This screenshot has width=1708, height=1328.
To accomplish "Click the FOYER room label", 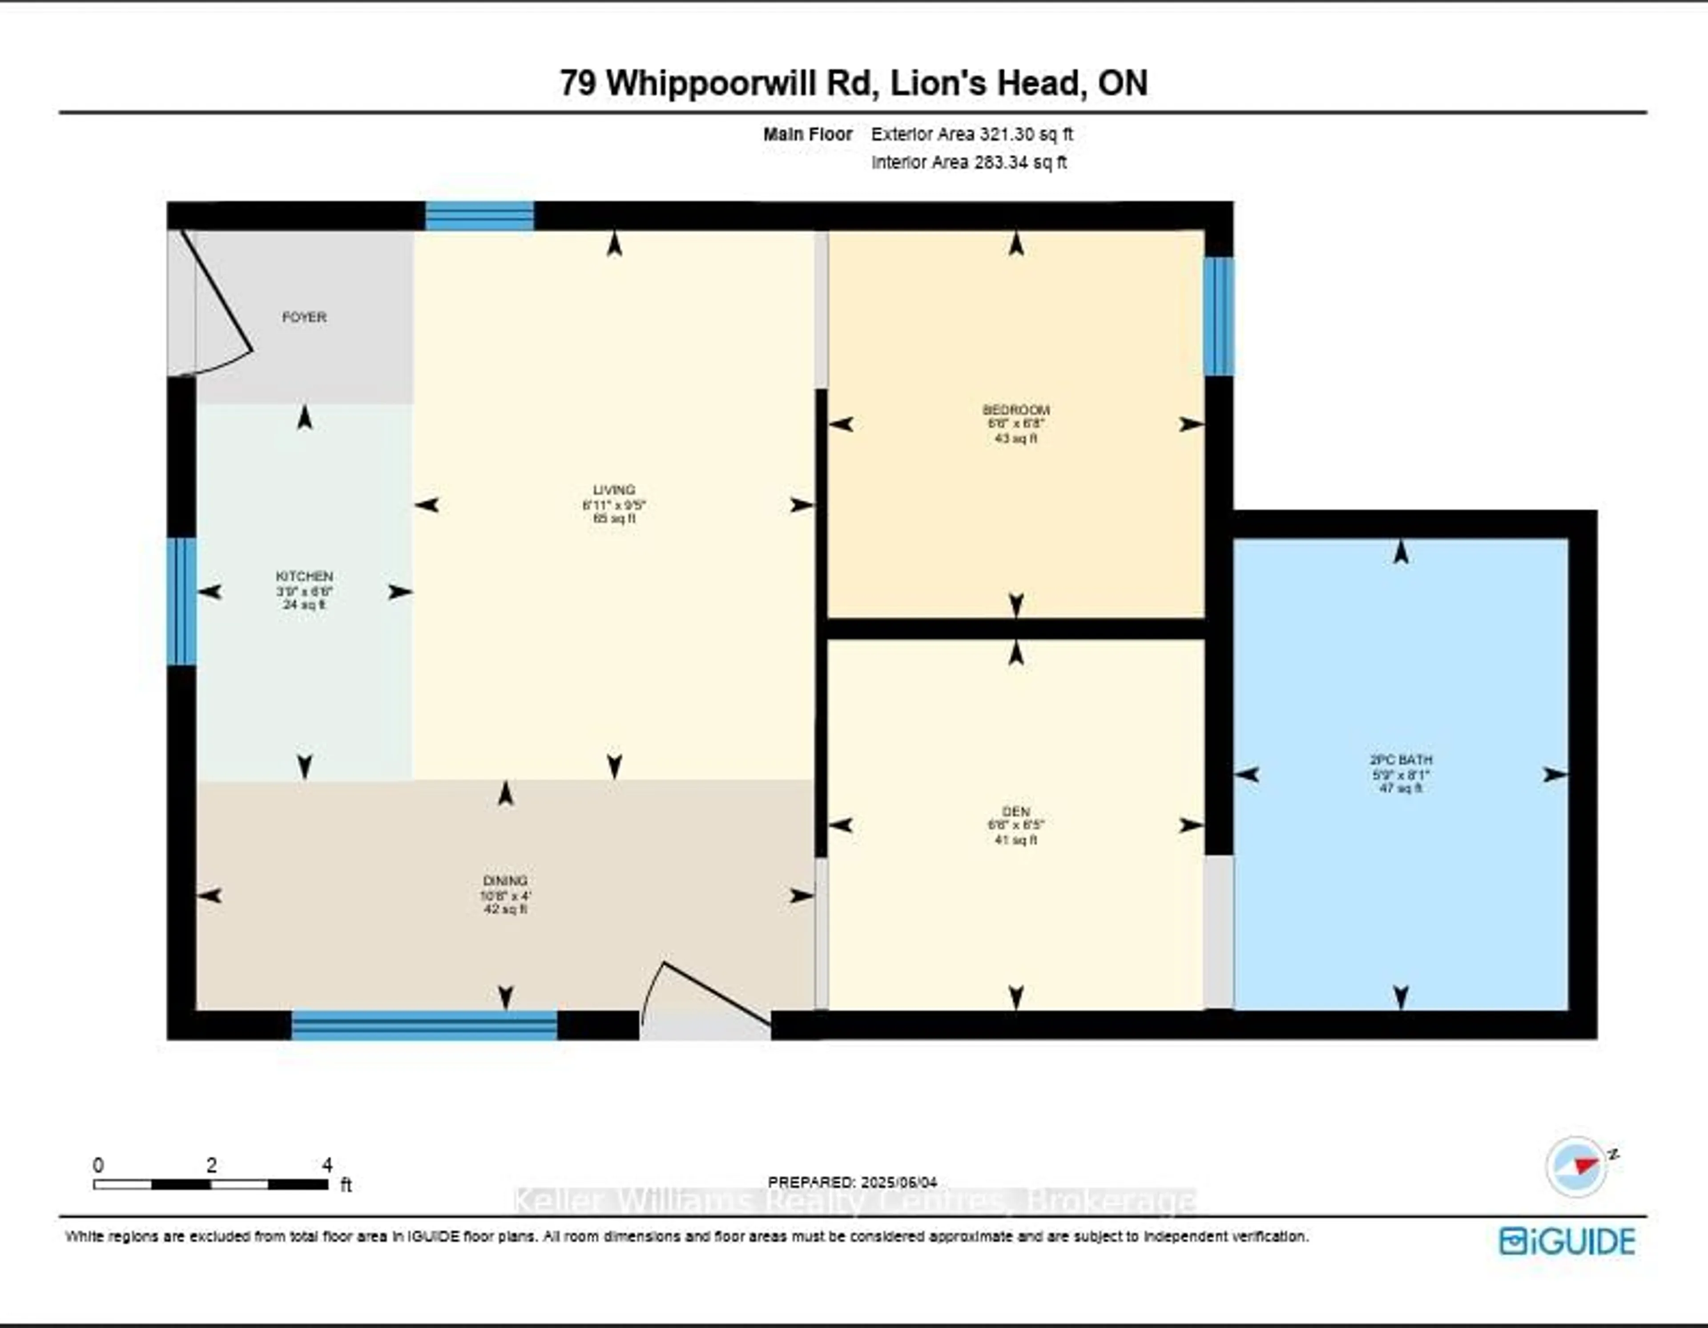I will [x=304, y=317].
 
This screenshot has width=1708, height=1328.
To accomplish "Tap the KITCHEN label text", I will [x=304, y=575].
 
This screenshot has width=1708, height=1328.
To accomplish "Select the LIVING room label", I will [x=614, y=491].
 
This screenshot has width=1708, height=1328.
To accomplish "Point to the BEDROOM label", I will [x=1016, y=410].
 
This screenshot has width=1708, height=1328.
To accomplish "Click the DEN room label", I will [x=1016, y=811].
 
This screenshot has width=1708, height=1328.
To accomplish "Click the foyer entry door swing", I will [x=219, y=305].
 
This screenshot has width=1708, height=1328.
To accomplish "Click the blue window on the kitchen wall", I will [x=181, y=601].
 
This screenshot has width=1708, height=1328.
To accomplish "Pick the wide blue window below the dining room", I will [x=425, y=1025].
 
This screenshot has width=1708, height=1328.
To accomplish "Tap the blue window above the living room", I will [x=479, y=216].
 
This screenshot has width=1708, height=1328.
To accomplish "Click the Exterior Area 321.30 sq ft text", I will [x=971, y=134].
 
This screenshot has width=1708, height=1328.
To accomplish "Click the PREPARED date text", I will [x=852, y=1183].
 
